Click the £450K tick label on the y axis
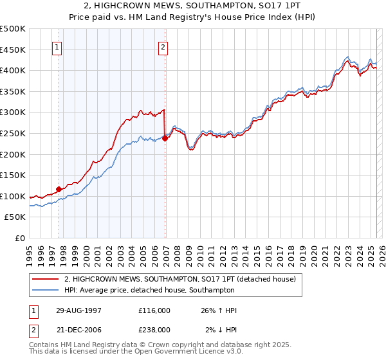pyautogui.click(x=13, y=50)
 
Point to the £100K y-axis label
pyautogui.click(x=13, y=196)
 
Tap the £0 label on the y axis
pyautogui.click(x=20, y=239)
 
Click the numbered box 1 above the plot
pyautogui.click(x=57, y=46)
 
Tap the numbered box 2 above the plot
pyautogui.click(x=163, y=46)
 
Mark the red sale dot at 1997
pyautogui.click(x=59, y=189)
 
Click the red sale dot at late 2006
pyautogui.click(x=165, y=138)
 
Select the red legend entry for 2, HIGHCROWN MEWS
pyautogui.click(x=179, y=279)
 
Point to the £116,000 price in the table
pyautogui.click(x=154, y=310)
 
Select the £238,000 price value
pyautogui.click(x=154, y=329)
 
